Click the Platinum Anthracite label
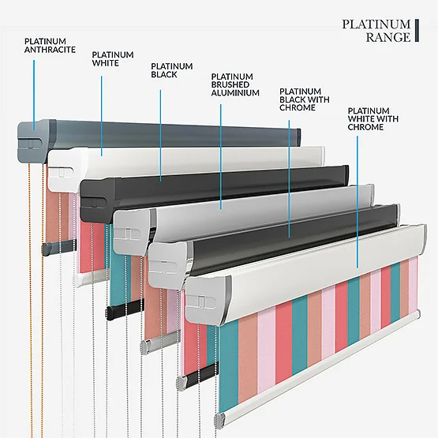(50, 46)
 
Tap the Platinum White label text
(113, 59)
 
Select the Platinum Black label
(172, 70)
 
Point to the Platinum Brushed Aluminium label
(235, 84)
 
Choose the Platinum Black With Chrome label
(304, 99)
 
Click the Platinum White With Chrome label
(373, 118)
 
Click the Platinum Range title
(376, 31)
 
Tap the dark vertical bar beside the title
(417, 31)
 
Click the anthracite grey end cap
(33, 141)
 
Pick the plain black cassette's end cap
(96, 200)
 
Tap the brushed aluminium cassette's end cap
(132, 232)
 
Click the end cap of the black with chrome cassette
(167, 265)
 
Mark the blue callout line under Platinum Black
(160, 136)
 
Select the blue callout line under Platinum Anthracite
(34, 95)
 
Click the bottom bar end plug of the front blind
(219, 421)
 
